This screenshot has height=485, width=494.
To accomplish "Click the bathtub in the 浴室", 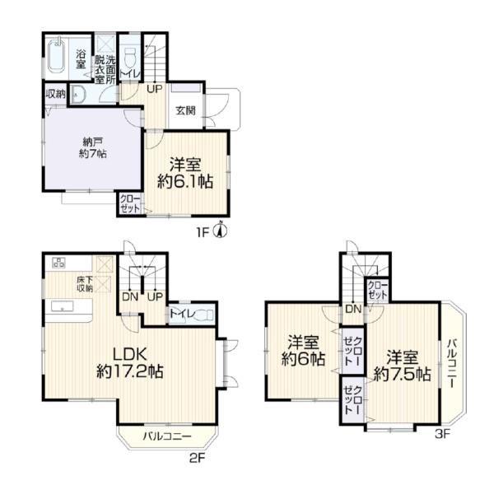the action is coord(57,57).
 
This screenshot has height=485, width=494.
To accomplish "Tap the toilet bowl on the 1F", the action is coord(129,58).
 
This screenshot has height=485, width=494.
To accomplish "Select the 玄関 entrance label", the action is coord(186,110).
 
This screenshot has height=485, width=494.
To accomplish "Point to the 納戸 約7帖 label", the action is coord(92,147).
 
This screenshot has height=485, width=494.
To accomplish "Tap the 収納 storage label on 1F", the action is coord(56,94).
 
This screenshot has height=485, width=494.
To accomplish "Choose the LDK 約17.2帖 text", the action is coord(130,363).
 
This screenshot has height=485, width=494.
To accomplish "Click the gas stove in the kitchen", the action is coord(59,263).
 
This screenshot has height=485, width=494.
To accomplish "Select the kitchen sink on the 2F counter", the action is coord(63,306).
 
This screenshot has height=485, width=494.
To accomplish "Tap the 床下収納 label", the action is coord(85,283).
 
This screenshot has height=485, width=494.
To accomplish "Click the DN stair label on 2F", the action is coord(130,297).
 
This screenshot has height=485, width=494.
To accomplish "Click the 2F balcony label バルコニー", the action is coord(167,436).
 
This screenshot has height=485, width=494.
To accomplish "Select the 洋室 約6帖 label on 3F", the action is coord(303,351).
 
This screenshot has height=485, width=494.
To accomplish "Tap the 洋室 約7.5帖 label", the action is coord(403,366).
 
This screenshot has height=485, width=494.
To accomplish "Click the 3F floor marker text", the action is coord(442,434).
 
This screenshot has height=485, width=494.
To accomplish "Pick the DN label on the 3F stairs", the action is coord(353,309).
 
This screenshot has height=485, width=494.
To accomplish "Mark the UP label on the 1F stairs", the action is coord(155,89).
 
